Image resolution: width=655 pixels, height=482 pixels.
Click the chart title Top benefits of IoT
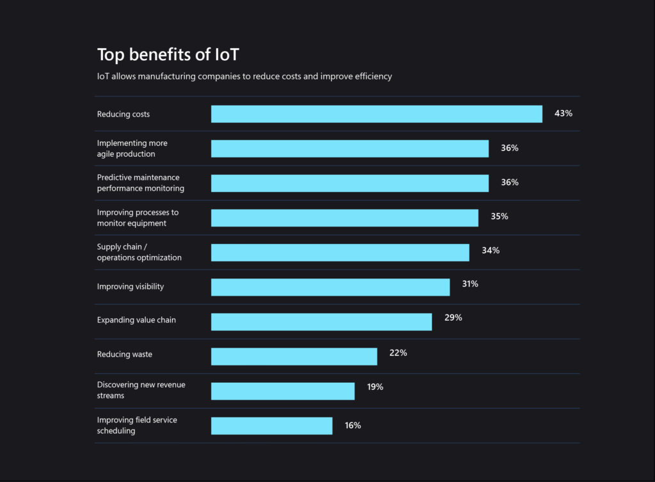pos(168,54)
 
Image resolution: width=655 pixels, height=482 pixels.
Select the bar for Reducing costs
pos(377,114)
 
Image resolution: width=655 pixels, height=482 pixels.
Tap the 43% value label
pos(563,113)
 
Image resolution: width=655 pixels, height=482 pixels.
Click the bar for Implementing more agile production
pos(350,149)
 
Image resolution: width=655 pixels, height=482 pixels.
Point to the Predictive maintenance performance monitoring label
pos(141,183)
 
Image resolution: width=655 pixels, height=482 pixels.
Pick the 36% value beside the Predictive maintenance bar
pos(509,182)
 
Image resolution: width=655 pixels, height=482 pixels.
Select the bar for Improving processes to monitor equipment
pos(345,218)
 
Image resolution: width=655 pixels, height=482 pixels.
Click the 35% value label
pos(499,216)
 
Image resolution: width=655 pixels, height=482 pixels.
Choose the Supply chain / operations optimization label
pos(139,252)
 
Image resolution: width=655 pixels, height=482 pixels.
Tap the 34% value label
pos(491,250)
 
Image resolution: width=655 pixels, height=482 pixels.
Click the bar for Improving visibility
pos(330,287)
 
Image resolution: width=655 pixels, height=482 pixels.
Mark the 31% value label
pos(470,284)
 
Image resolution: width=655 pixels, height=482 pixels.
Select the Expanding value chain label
pos(136,320)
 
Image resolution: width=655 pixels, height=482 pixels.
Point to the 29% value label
pos(453,317)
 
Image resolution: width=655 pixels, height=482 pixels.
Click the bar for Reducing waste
pos(294,356)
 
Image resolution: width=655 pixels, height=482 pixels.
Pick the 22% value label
pos(398,353)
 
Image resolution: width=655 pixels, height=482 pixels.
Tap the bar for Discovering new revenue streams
pos(283,391)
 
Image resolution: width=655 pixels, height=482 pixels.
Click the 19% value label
pos(375,387)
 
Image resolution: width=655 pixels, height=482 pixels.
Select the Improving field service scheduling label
pos(137,426)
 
